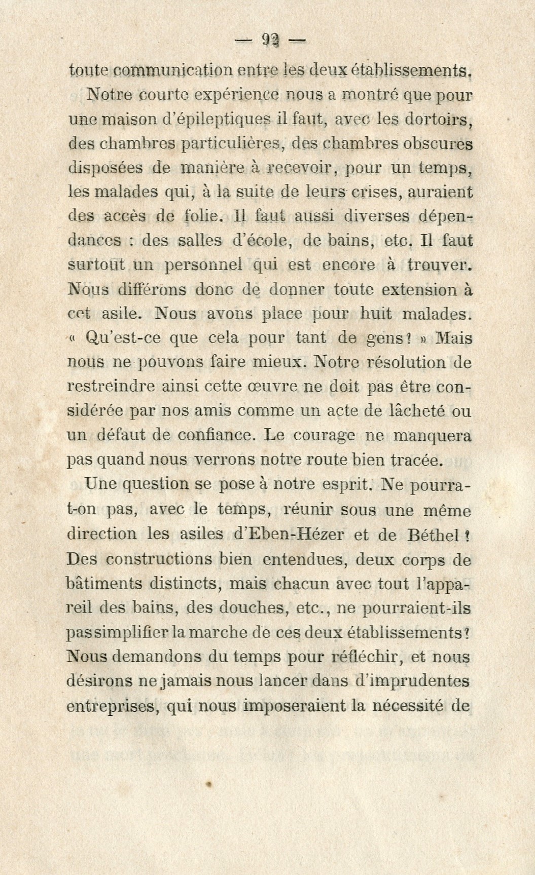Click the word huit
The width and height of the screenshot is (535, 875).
(375, 314)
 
